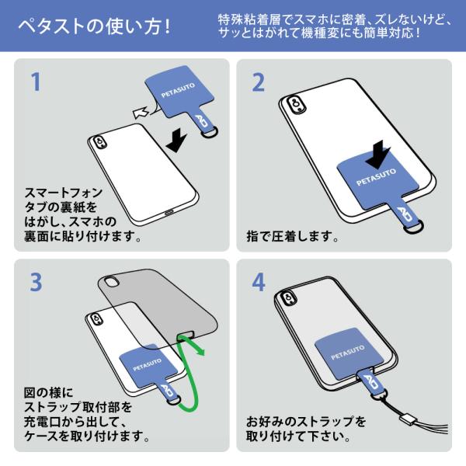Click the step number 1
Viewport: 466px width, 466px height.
coord(36,82)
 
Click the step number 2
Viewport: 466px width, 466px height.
coord(258,82)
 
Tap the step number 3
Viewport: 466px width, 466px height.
coord(36,282)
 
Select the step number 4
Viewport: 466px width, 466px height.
coord(259,282)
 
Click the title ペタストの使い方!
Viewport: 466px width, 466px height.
coord(95,26)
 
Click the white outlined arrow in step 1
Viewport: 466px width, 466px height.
coord(141,113)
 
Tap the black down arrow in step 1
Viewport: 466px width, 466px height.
coord(176,141)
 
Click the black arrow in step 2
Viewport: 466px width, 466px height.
coord(378,155)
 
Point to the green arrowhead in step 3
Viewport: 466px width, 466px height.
coord(200,351)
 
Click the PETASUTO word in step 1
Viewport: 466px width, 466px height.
coord(178,90)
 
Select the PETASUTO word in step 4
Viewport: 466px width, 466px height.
coord(348,352)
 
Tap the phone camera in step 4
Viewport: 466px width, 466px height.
coord(288,298)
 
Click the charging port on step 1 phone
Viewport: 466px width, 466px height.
coord(169,213)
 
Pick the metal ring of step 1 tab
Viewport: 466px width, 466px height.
coord(210,132)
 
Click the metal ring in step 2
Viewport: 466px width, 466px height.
coord(413,227)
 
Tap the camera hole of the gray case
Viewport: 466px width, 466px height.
coord(111,282)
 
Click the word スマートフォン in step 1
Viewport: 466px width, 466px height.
coord(64,193)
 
